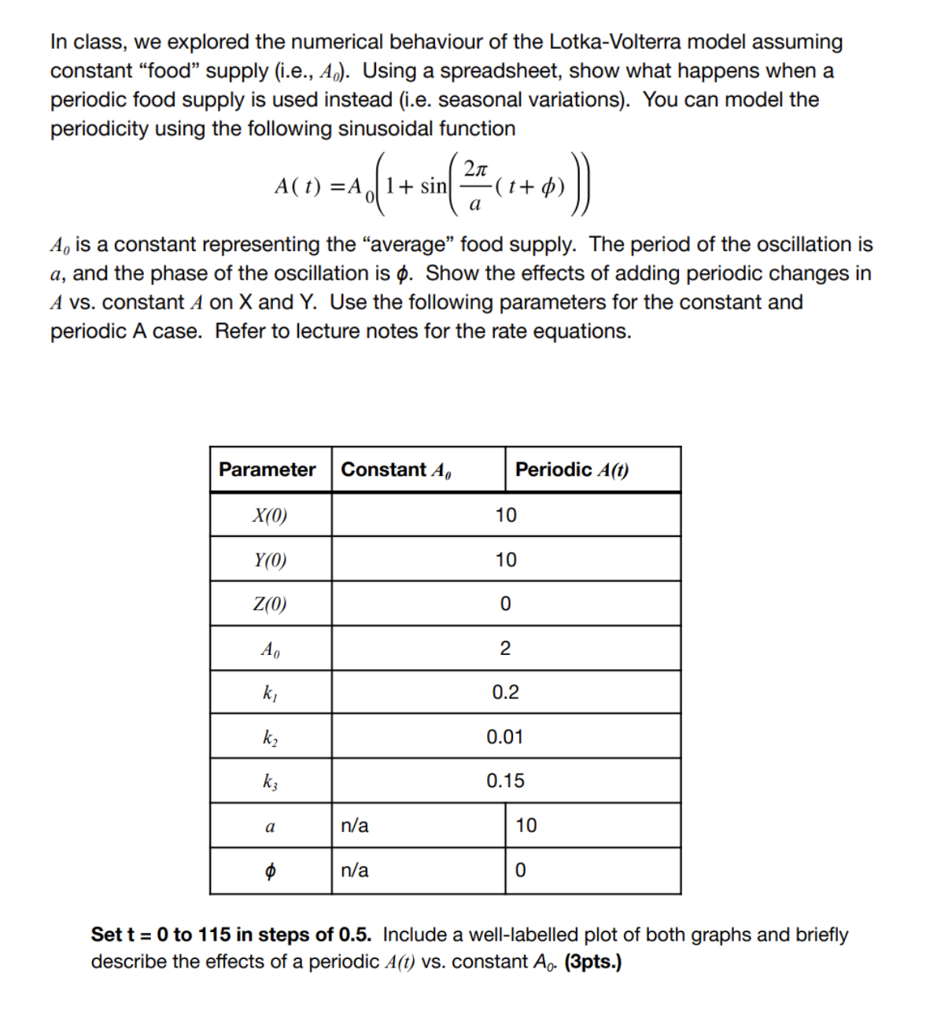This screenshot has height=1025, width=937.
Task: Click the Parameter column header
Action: coord(267,470)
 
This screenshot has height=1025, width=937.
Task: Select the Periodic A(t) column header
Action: coord(571,470)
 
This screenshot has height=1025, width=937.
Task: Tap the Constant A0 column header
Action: coord(396,470)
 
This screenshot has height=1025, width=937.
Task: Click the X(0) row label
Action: coord(270,516)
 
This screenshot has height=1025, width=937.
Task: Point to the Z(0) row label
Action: coord(270,605)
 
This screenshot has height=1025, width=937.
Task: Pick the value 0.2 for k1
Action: coord(505,693)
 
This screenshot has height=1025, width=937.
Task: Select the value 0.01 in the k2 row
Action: coord(504,738)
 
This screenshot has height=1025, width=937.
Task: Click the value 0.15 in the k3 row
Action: coord(504,782)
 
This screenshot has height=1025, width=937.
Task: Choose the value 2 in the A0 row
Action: coord(505,649)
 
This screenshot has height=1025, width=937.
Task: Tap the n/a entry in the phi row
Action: coord(354,871)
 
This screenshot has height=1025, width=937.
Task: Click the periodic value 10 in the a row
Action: coord(526,826)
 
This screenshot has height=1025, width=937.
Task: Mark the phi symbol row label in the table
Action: coord(270,871)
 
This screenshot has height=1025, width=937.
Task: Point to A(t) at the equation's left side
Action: coord(298,187)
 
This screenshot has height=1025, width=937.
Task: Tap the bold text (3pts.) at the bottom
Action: coord(593,962)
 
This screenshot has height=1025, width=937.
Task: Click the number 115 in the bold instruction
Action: coord(215,934)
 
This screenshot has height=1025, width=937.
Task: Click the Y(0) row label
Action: coord(270,561)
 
